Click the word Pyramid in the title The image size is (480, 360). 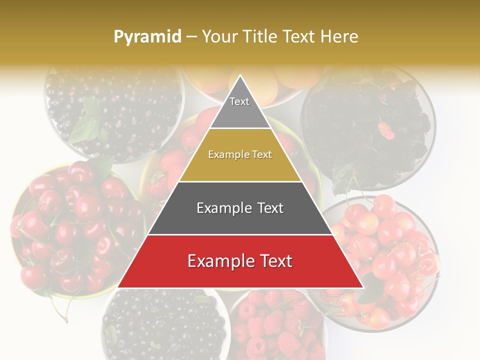(147, 37)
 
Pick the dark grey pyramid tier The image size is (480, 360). (240, 208)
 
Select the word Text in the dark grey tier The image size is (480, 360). (268, 208)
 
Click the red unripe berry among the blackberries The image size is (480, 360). (386, 130)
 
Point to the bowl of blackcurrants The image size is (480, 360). (115, 110)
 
